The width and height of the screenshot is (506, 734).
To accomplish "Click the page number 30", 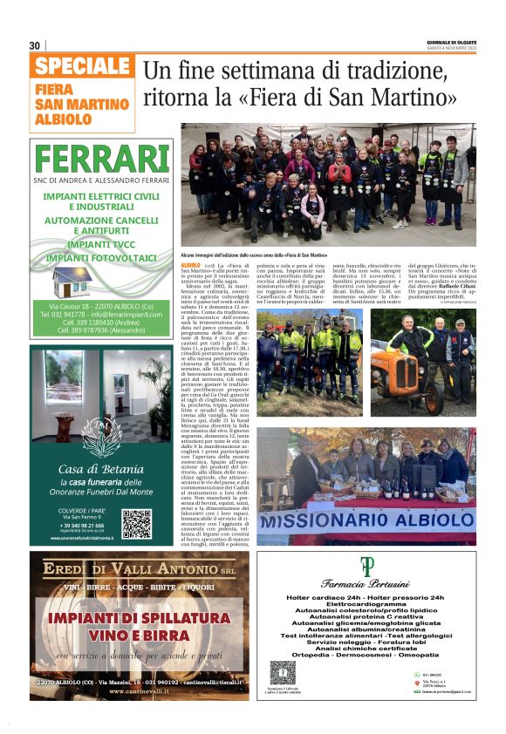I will coord(35,45).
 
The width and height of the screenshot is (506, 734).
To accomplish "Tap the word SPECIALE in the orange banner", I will coord(83,67).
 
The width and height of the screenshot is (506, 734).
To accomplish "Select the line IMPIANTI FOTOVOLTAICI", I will coord(102,258).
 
